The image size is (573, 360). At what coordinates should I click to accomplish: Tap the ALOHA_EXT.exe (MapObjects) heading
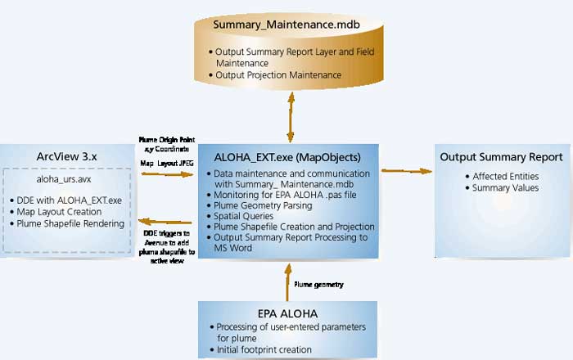(286, 158)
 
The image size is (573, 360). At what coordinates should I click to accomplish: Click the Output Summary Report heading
(501, 157)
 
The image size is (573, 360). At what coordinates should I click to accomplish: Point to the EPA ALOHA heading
(286, 312)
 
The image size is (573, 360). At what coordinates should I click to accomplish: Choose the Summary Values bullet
(505, 187)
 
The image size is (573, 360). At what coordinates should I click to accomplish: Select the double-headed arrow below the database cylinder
(288, 117)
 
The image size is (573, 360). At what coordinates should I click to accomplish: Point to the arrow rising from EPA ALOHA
(286, 280)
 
